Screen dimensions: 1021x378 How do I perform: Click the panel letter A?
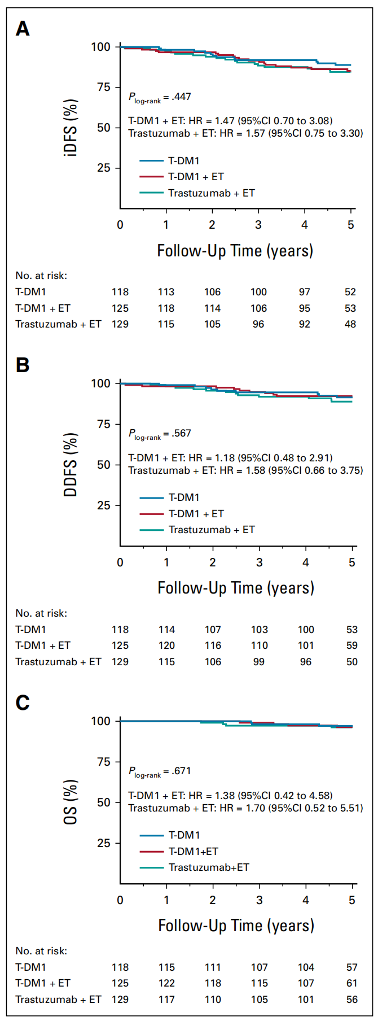pos(23,28)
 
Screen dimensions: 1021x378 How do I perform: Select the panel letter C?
pos(23,703)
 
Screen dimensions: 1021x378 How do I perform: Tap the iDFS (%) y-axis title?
pos(71,128)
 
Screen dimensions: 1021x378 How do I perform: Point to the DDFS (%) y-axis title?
pos(71,465)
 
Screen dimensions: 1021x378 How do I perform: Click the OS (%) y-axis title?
pos(71,802)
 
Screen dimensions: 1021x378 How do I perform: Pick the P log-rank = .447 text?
pos(160,97)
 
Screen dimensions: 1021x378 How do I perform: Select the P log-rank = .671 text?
pos(160,771)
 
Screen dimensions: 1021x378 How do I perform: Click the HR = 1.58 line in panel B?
pos(245,470)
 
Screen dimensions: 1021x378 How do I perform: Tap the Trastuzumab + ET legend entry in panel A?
pos(211,193)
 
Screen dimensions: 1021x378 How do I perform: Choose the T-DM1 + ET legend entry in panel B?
pos(196,514)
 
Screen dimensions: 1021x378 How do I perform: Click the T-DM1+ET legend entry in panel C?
pos(193,852)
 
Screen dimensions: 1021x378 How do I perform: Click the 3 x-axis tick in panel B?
pos(259,562)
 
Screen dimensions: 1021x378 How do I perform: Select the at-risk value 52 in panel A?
pos(350,292)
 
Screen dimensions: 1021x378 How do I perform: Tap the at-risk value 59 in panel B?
pos(352,645)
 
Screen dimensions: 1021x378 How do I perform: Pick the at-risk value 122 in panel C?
pos(166,983)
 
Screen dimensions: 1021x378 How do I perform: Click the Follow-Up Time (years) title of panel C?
pos(236,926)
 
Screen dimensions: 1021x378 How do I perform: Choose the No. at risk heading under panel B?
pos(41,613)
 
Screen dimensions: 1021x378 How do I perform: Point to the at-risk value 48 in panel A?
pos(350,324)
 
